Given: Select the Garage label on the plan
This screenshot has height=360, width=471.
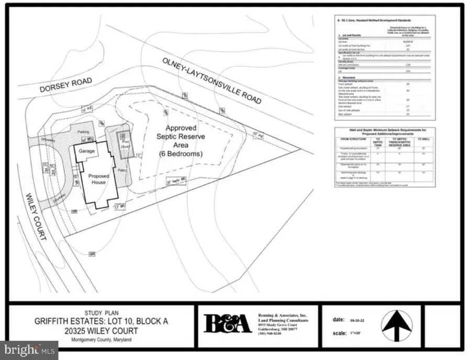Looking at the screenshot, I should pos(86,151).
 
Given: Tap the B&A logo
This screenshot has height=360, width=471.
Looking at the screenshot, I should pos(227,323).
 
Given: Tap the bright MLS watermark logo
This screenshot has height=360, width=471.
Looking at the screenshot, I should pos(29,350).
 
